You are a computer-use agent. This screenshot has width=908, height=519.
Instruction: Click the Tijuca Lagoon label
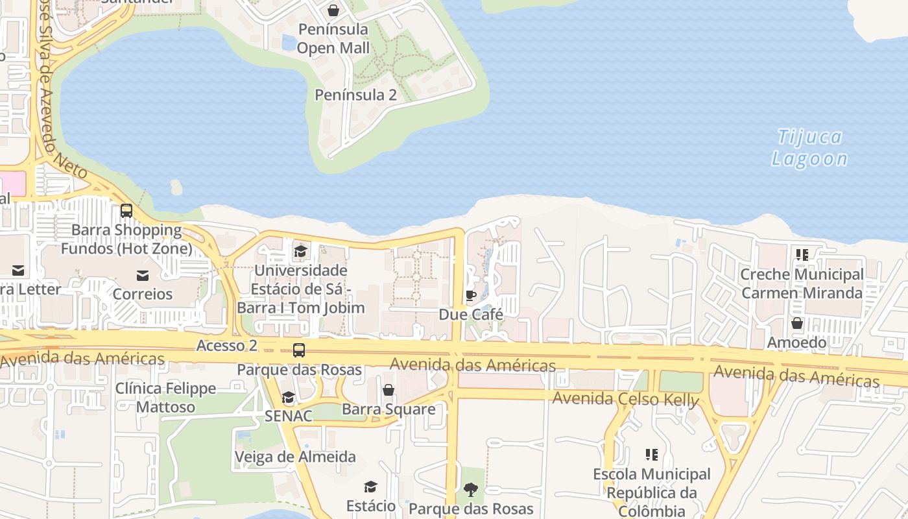[809, 148]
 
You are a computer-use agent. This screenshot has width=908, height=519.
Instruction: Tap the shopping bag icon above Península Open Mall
[333, 10]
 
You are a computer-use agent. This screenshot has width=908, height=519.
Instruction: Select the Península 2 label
[355, 95]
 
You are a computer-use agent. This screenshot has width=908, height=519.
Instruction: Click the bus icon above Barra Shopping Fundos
[126, 211]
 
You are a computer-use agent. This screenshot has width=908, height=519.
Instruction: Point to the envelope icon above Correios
[143, 276]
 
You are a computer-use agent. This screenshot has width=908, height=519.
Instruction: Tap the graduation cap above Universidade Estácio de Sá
[300, 251]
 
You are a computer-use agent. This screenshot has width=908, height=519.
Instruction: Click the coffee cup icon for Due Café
[471, 296]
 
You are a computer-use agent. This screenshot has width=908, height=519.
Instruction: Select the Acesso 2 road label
[227, 346]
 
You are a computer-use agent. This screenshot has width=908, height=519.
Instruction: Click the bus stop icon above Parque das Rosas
[299, 350]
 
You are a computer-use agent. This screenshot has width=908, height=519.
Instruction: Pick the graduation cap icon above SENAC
[289, 397]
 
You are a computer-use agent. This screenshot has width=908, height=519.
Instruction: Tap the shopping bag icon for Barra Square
[388, 390]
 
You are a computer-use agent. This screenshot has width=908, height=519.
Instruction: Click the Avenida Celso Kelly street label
[625, 398]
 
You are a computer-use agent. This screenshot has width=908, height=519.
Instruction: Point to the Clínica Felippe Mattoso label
[165, 398]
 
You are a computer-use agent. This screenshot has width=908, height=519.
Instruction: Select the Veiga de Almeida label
[295, 457]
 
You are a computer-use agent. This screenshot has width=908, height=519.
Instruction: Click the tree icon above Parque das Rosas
[471, 490]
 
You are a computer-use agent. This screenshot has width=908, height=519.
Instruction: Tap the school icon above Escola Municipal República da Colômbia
[652, 455]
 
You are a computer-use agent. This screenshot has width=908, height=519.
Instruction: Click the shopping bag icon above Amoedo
[797, 322]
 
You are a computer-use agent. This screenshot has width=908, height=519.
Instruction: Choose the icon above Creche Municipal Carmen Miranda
[802, 255]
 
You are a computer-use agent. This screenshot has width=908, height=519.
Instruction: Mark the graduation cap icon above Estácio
[370, 487]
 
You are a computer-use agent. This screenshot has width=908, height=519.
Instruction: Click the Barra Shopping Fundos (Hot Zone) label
[126, 239]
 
